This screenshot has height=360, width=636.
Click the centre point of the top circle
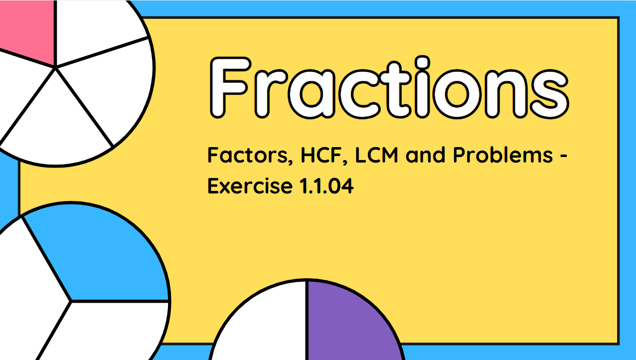point(55,66)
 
